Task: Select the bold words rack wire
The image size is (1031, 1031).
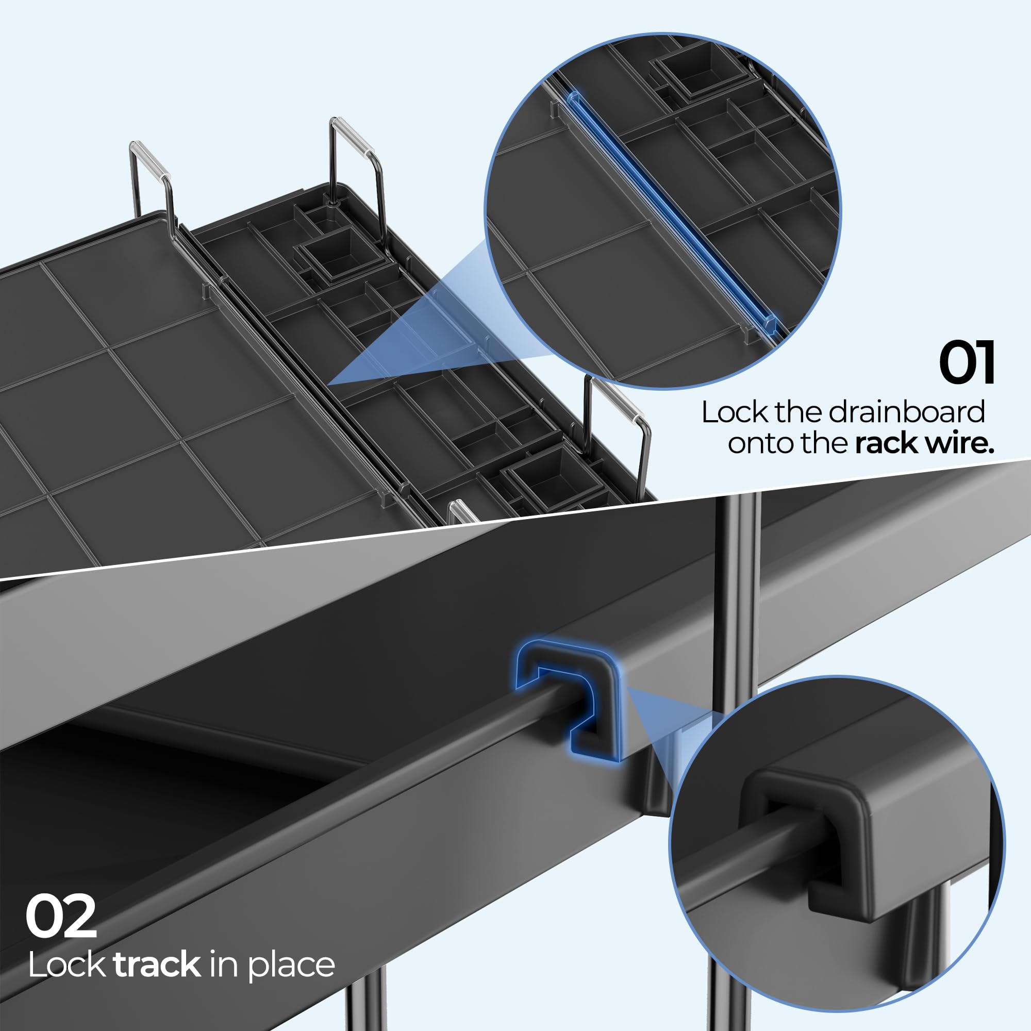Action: (924, 443)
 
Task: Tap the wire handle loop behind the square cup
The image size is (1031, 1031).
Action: (357, 160)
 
